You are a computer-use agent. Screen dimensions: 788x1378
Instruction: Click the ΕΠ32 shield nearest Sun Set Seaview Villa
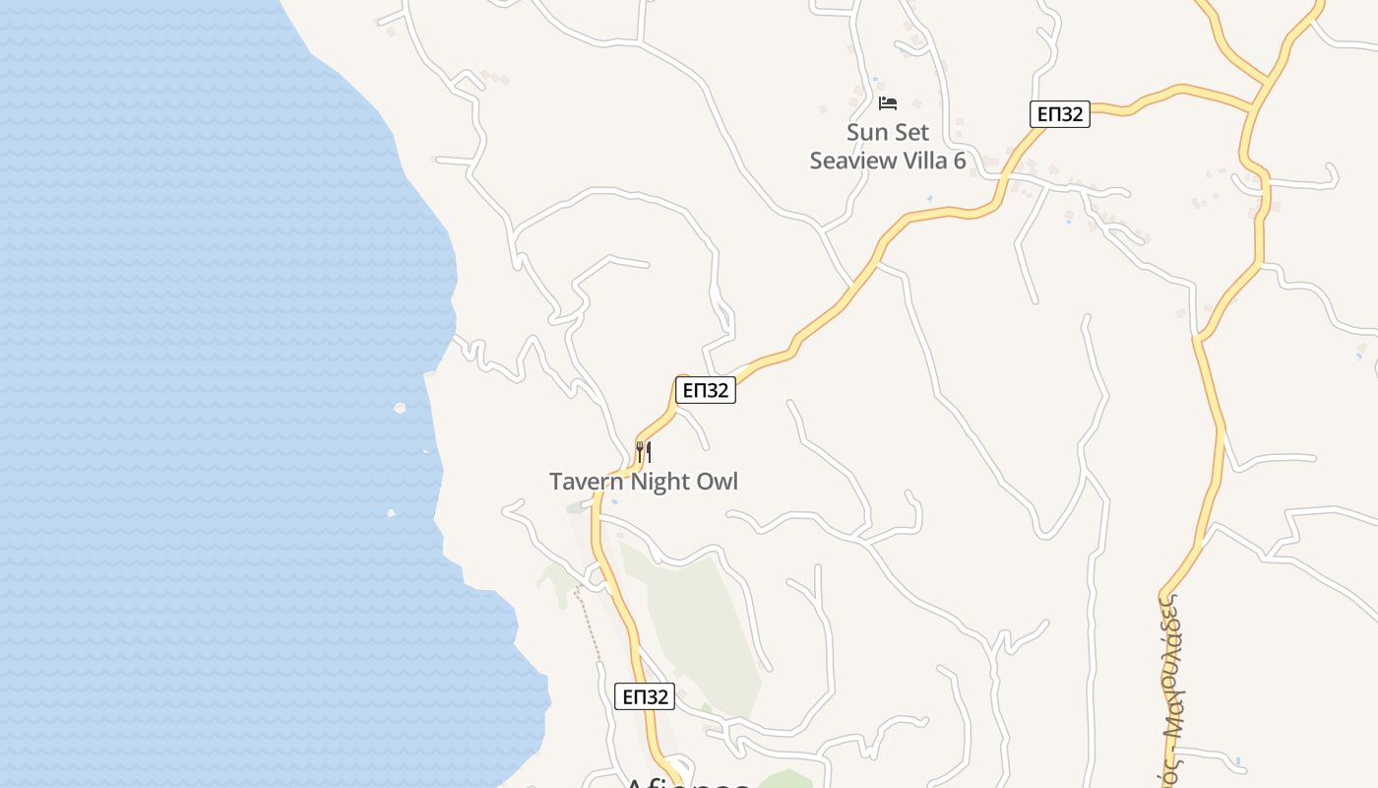click(x=1060, y=114)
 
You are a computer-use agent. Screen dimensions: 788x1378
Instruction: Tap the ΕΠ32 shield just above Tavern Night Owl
click(x=706, y=390)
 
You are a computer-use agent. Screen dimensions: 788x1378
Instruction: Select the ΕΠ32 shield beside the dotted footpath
click(x=645, y=696)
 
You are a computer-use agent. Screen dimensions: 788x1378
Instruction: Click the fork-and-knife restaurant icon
click(x=644, y=452)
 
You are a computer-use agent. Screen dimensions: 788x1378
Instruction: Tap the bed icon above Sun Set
click(x=888, y=103)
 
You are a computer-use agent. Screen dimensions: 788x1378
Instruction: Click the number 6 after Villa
click(x=959, y=161)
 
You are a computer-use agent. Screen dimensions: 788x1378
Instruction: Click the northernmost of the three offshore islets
click(x=400, y=407)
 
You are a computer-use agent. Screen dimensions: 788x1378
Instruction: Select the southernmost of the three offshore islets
click(x=391, y=512)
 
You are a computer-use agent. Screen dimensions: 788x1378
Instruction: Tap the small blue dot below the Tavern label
click(x=614, y=501)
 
